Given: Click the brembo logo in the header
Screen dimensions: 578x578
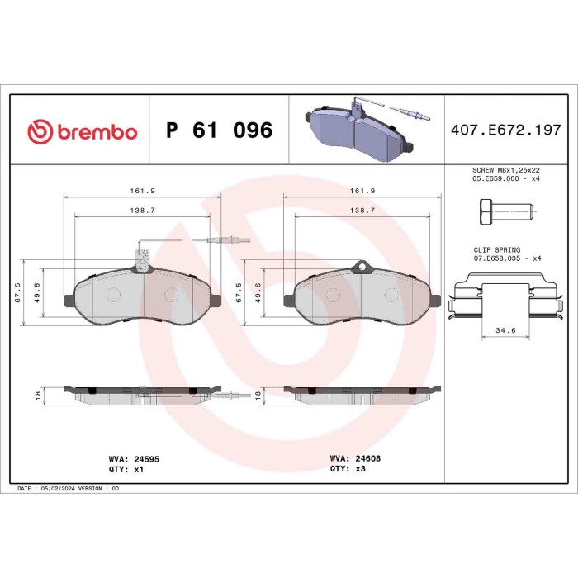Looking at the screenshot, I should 82,131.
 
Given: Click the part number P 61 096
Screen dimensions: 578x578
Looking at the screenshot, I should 219,131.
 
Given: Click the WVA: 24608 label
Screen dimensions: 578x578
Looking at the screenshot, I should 354,457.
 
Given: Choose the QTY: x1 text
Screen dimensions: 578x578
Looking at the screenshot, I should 126,467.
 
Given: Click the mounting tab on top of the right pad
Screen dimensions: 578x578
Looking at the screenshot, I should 359,267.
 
